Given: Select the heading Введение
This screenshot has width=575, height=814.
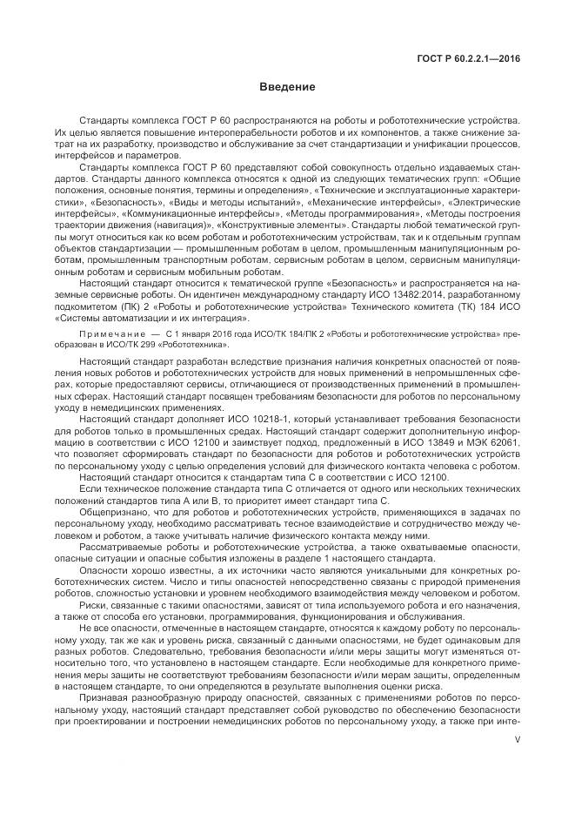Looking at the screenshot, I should coord(287,87).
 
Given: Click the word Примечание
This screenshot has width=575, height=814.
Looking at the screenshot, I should coord(108,310).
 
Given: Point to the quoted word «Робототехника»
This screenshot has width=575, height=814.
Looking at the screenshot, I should coord(192,320).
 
